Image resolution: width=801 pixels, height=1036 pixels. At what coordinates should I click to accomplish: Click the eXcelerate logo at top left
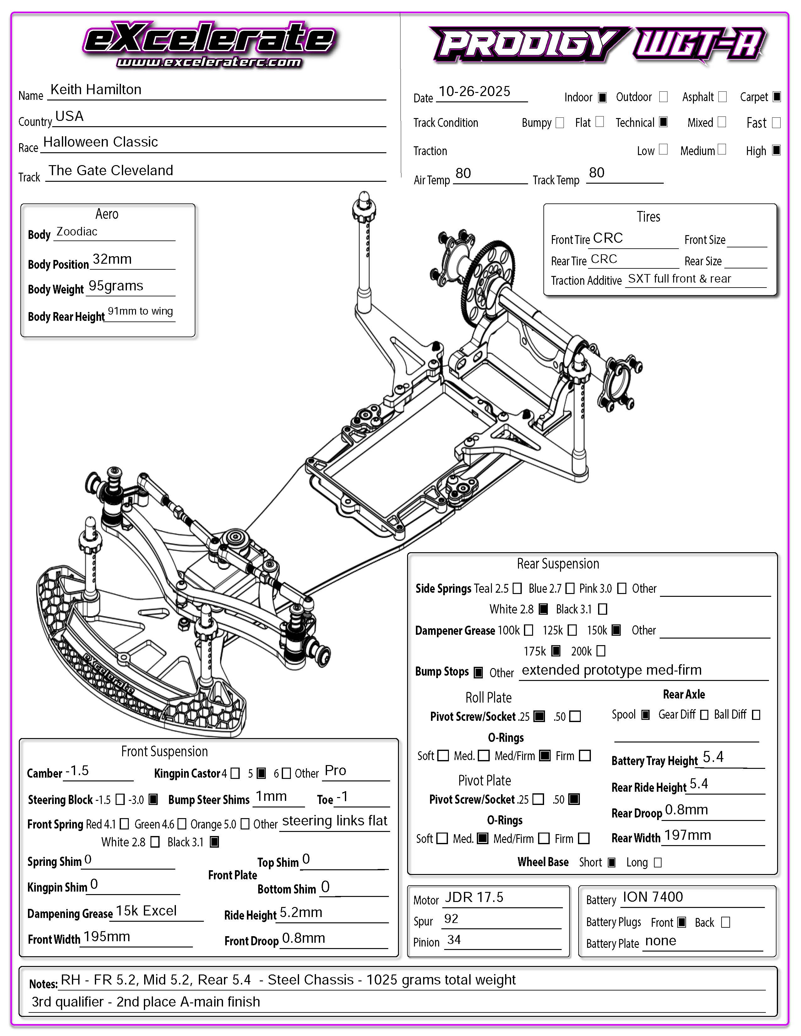pos(209,44)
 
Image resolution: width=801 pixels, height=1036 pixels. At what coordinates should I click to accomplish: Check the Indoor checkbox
pos(602,97)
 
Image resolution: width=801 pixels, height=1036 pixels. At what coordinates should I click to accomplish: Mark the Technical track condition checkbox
pos(663,122)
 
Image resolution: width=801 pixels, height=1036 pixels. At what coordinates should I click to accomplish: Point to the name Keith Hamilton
pos(96,90)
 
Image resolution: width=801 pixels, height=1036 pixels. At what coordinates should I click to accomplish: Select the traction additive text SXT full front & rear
pos(679,278)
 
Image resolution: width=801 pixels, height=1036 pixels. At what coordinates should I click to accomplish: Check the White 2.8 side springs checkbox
pos(544,609)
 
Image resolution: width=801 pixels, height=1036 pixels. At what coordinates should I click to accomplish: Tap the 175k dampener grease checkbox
pos(556,651)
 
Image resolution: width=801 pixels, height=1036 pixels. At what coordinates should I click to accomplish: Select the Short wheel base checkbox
pos(612,862)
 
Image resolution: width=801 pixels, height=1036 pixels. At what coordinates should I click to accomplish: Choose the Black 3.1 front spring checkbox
pos(215,842)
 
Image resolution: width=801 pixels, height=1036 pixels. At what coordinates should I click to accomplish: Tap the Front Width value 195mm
pos(107,937)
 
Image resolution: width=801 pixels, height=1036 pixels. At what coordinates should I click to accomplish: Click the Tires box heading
pos(648,217)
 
